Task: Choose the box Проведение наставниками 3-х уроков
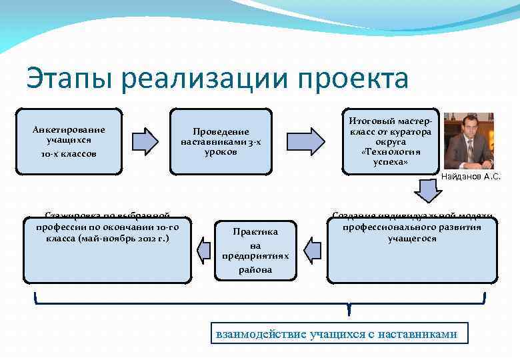point(221,141)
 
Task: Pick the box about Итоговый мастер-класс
point(391,141)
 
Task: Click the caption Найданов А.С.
point(471,177)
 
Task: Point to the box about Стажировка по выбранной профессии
point(107,247)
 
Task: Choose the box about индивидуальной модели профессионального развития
point(411,247)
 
